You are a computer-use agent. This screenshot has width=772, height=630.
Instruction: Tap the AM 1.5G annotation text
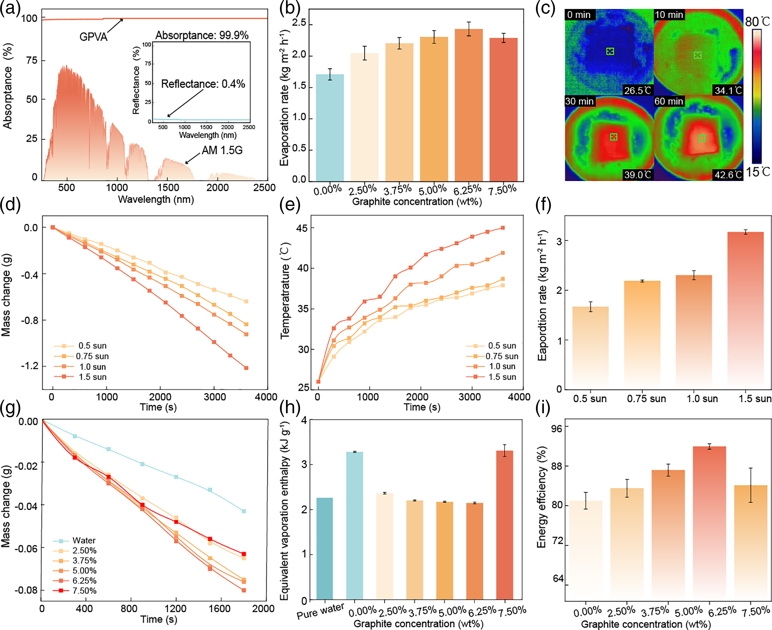click(222, 150)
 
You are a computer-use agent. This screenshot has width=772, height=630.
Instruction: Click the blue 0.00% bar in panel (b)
click(330, 127)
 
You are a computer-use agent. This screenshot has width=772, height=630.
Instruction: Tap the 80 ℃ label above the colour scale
click(757, 22)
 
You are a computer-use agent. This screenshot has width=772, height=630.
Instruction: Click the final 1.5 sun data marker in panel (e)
click(502, 228)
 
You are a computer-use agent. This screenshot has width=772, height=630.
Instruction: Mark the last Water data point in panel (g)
click(244, 511)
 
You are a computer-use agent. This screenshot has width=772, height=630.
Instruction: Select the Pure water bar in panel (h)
click(324, 548)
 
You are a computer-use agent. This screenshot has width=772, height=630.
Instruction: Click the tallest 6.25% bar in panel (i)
click(709, 523)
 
